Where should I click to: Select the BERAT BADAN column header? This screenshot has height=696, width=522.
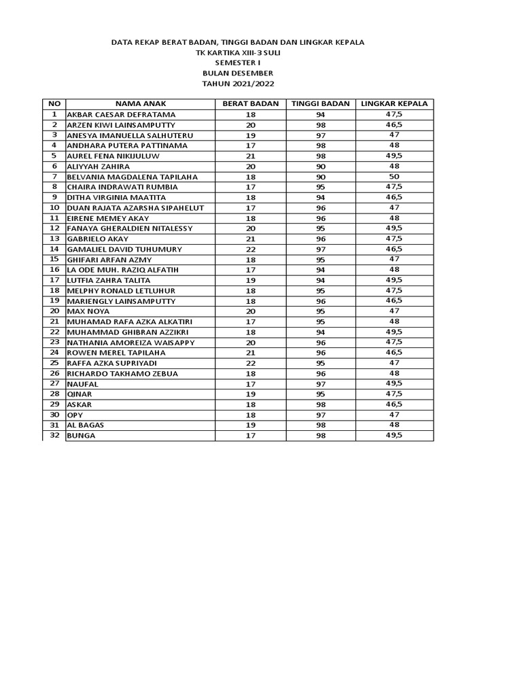tap(250, 104)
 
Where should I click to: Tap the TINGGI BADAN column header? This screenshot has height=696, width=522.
tap(321, 104)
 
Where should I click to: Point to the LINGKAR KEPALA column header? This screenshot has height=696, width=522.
tap(394, 104)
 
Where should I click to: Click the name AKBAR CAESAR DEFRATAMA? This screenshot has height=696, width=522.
tap(121, 115)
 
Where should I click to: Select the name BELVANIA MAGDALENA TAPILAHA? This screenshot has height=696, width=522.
tap(132, 177)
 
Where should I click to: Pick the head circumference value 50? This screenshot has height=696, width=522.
tap(394, 177)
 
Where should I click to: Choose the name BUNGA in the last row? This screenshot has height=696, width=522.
tap(81, 436)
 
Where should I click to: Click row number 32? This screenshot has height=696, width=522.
tap(54, 436)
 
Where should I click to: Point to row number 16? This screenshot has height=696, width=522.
tap(54, 270)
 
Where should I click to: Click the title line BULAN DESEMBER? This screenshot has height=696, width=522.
tap(238, 73)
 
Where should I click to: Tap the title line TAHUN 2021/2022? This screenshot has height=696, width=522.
tap(238, 84)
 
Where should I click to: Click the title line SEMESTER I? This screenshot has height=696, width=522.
tap(238, 63)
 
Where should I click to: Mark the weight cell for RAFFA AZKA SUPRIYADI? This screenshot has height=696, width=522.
tap(250, 363)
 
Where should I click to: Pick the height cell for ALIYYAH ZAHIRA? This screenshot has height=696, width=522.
tap(321, 167)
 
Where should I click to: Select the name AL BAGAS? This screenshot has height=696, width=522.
tap(86, 425)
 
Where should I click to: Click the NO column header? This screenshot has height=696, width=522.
tap(54, 104)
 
